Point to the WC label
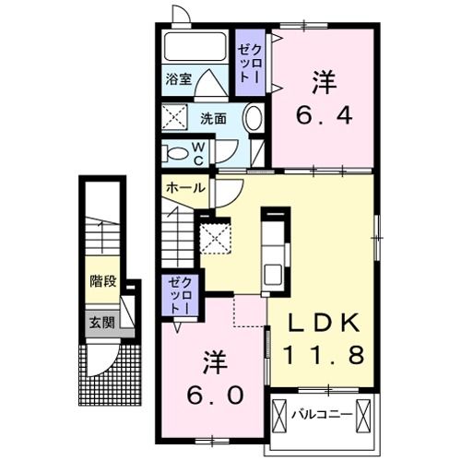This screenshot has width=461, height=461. (197, 153)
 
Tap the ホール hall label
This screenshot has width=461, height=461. (184, 187)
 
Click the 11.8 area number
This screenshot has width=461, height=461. (323, 354)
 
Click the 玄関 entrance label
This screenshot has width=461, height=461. (101, 322)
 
